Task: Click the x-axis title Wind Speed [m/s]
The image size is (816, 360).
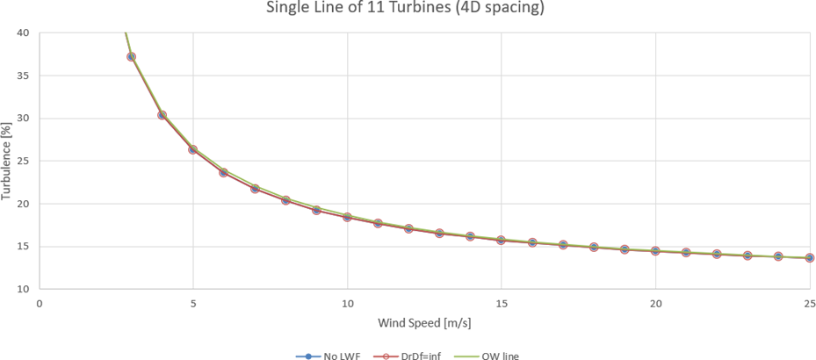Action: tap(425, 322)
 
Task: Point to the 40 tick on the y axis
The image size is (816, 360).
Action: tap(23, 33)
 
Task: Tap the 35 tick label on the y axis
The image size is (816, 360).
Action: tap(23, 76)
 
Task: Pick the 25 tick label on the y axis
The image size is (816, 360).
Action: tap(23, 161)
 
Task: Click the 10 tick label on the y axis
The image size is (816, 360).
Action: tap(23, 289)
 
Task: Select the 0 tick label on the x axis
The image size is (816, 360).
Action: tap(40, 303)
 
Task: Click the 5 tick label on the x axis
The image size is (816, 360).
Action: tap(193, 303)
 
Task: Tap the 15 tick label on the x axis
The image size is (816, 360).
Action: tap(501, 303)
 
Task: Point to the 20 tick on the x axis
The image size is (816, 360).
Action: tap(655, 303)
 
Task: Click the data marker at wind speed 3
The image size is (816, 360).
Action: tap(132, 57)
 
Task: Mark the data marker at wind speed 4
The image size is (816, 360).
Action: tap(162, 115)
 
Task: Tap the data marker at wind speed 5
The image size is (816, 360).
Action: tap(193, 149)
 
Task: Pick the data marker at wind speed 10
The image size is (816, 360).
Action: tap(347, 216)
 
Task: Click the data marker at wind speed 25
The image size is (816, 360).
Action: tap(809, 258)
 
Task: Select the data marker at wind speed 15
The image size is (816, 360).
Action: tap(501, 240)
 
